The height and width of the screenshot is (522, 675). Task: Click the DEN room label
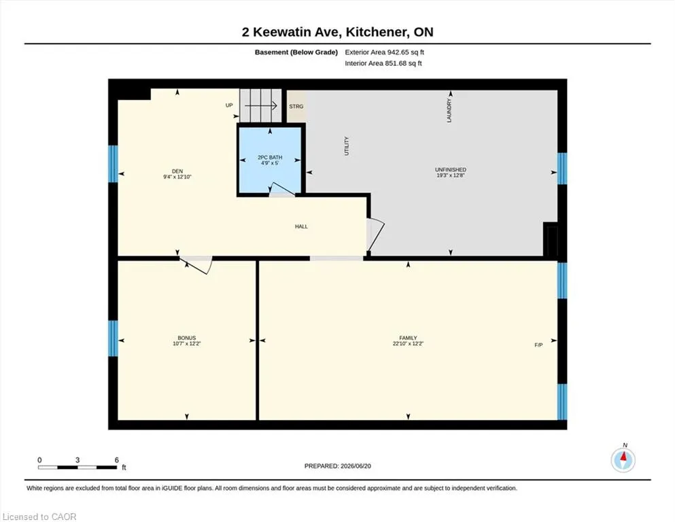[x=177, y=171]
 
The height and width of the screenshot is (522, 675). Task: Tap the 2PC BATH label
[x=270, y=158]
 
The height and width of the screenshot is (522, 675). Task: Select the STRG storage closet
[x=296, y=106]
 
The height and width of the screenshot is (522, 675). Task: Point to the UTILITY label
[x=347, y=146]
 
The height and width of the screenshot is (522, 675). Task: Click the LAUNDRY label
[x=449, y=111]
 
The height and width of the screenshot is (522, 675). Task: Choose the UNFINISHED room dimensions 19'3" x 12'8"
[x=450, y=175]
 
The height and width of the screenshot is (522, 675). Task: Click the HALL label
[x=301, y=226]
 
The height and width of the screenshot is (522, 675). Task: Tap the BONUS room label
[x=187, y=338]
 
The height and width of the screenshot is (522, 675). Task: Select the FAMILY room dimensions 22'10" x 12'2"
[x=408, y=344]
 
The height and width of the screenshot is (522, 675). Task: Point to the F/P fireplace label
[x=538, y=345]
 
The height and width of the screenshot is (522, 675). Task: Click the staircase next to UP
[x=260, y=105]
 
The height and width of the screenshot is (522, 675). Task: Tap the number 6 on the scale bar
[x=117, y=460]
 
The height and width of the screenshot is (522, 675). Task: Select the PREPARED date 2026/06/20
[x=356, y=466]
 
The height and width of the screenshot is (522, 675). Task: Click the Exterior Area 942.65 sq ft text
[x=385, y=52]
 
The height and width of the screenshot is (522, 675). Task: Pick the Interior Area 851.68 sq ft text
[x=383, y=63]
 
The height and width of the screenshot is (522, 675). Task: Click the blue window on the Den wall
[x=113, y=164]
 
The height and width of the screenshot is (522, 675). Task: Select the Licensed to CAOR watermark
[x=39, y=517]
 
